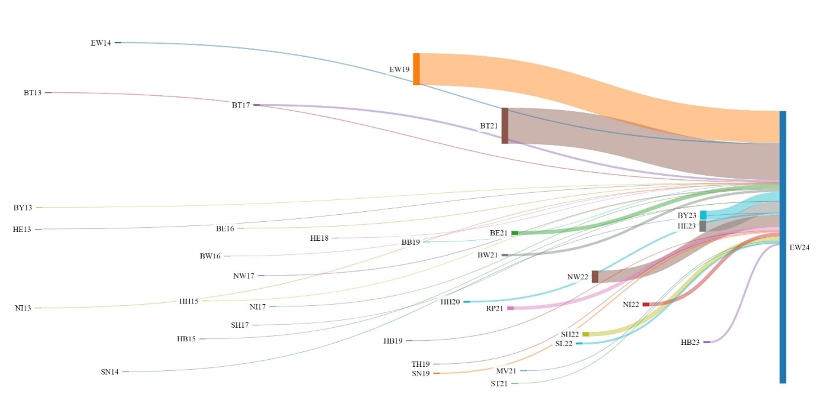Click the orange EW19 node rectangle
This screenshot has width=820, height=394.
(417, 69)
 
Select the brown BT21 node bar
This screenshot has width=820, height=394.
(505, 125)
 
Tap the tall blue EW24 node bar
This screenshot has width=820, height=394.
(783, 247)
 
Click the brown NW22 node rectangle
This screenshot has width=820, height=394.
(595, 277)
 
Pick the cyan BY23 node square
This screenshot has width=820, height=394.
(703, 215)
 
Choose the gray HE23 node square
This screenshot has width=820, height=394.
(702, 226)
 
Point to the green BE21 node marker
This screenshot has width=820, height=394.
(515, 233)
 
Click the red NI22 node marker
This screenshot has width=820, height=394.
(646, 304)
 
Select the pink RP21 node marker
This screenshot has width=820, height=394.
(511, 308)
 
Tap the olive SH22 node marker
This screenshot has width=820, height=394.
(586, 334)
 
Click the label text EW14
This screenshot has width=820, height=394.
(101, 43)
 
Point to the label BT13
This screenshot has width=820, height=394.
(33, 93)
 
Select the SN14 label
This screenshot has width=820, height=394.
(109, 372)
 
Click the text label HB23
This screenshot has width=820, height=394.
(690, 343)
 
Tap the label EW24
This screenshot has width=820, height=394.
(799, 247)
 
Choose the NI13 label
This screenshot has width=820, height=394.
(23, 308)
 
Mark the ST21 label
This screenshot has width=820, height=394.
(499, 384)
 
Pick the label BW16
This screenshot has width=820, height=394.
(210, 257)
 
